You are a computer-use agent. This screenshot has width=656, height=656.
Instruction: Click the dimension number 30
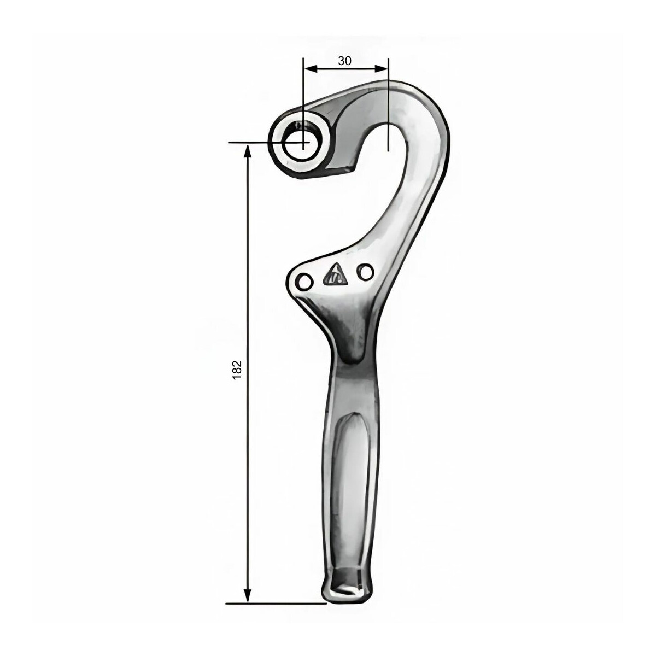point(344,61)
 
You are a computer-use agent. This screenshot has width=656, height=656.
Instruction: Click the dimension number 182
point(237,370)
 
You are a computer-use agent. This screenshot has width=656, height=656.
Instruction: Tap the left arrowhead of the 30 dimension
point(311,69)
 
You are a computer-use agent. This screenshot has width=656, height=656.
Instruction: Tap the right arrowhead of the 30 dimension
point(380,69)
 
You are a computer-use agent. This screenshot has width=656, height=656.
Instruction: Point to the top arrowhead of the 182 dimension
point(248,151)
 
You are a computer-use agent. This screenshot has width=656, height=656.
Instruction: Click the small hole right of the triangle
point(365,272)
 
